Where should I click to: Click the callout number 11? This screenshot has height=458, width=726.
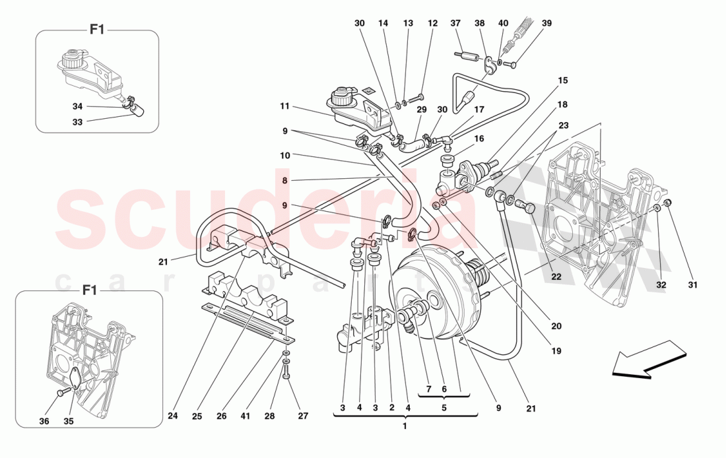point(284,106)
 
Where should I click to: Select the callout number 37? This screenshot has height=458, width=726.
point(455,24)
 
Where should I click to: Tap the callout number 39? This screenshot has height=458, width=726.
point(546,24)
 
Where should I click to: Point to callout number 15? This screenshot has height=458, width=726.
point(562,81)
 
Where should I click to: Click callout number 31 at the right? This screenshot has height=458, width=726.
point(692,285)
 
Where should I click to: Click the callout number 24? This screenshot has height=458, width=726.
point(173,416)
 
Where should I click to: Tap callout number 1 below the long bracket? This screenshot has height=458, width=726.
point(405,426)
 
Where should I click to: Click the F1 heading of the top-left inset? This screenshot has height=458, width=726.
point(98,29)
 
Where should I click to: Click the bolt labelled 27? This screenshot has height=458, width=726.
point(286,376)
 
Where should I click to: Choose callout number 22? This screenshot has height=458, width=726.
point(556,277)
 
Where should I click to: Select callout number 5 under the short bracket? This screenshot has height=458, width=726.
point(444,409)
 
